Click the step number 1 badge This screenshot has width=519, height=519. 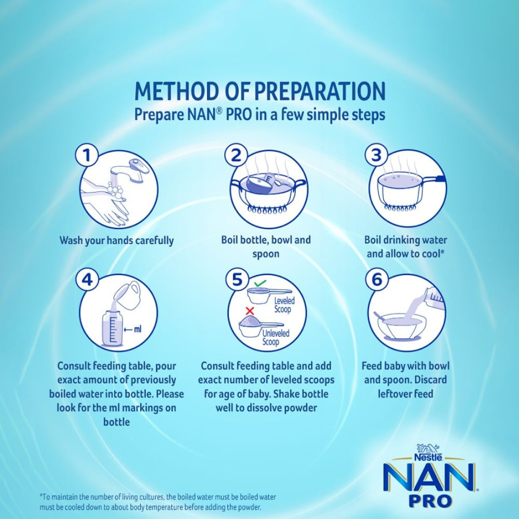87,155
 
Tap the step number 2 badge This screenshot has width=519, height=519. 236,155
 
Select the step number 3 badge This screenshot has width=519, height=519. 376,155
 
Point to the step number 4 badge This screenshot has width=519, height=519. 87,280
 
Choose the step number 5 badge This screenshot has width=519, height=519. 237,280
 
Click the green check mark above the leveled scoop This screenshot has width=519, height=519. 260,284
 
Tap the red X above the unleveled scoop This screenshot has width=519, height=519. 250,311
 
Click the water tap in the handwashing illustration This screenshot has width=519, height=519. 130,170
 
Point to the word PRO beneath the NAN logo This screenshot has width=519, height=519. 430,500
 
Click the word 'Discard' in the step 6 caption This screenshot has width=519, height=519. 430,379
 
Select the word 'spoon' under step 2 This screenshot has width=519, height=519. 266,254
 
